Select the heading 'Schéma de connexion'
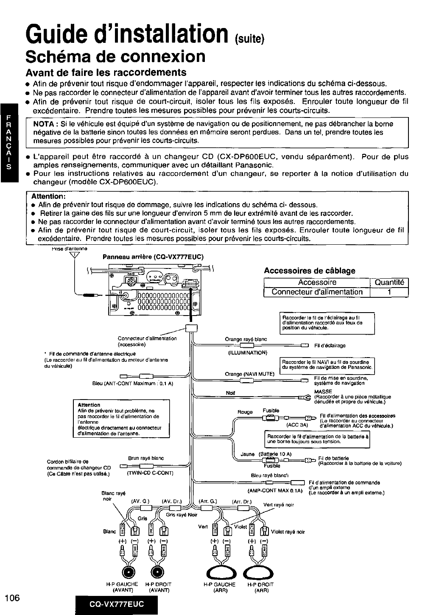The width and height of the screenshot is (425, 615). click(115, 56)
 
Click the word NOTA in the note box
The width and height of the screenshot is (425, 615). click(46, 124)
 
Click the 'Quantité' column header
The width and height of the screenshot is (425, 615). click(389, 282)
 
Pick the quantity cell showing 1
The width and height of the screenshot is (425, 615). click(389, 292)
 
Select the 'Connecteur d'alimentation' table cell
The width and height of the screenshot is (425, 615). click(317, 292)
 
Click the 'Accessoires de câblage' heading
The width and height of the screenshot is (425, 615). click(309, 271)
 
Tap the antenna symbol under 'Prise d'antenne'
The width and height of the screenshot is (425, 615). click(78, 255)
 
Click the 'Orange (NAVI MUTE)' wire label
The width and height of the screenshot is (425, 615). click(249, 374)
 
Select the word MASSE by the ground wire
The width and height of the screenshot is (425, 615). click(323, 391)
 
